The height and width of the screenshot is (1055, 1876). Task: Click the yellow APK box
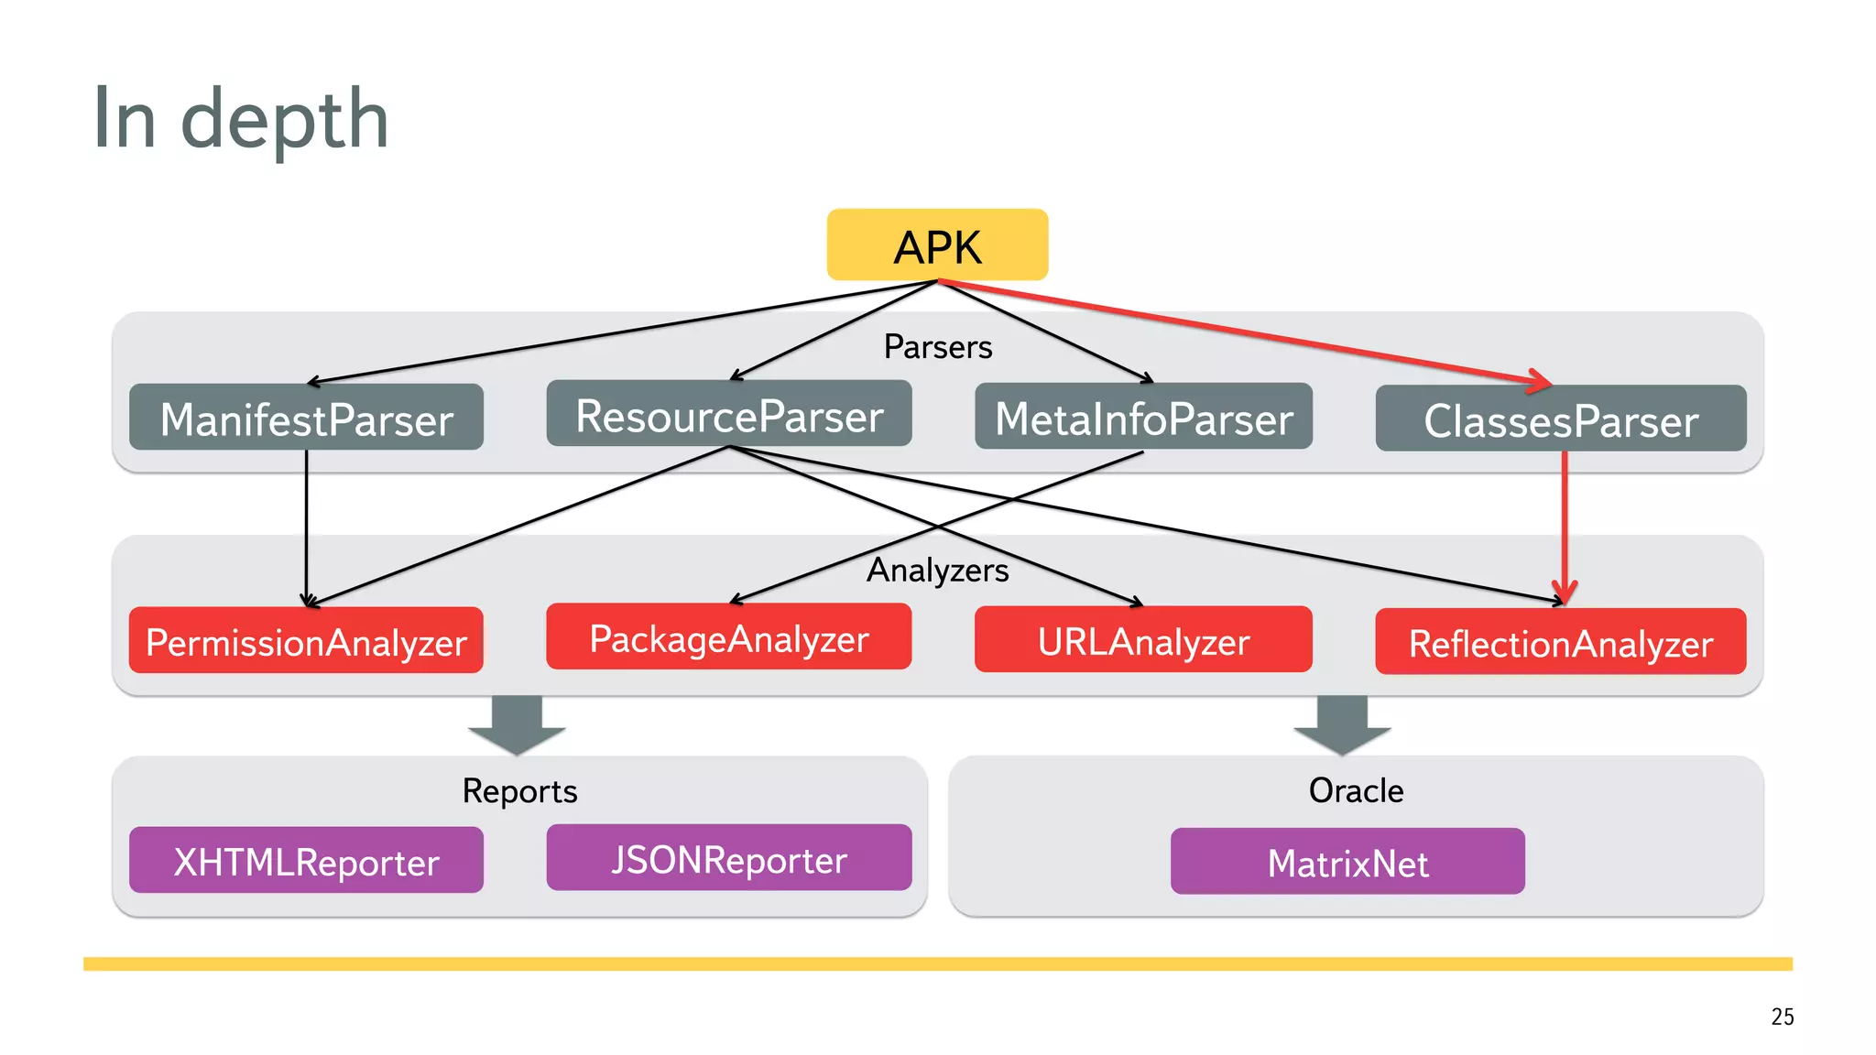click(x=937, y=245)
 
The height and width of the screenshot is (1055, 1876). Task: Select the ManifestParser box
click(x=306, y=418)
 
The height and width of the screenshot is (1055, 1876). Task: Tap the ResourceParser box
click(x=729, y=414)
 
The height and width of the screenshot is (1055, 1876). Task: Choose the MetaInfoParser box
click(x=1143, y=417)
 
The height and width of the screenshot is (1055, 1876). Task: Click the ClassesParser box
click(x=1560, y=419)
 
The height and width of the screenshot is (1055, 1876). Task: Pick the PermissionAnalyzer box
click(x=306, y=641)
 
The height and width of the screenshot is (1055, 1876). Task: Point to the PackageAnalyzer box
click(x=729, y=637)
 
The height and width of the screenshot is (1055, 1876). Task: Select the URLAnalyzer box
click(x=1143, y=640)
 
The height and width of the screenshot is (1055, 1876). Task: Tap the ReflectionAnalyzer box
click(x=1560, y=642)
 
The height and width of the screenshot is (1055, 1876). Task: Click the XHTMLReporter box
click(x=306, y=861)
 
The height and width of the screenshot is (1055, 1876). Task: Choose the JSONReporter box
click(x=729, y=858)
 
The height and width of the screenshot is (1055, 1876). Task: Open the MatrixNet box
click(x=1347, y=862)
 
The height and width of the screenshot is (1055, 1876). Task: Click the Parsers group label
click(x=937, y=347)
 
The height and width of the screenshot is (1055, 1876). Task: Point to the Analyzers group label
click(x=937, y=570)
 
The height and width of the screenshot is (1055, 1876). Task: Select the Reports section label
click(x=519, y=790)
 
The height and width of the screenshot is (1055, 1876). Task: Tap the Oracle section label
click(x=1356, y=790)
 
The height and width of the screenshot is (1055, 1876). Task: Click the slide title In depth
click(x=241, y=119)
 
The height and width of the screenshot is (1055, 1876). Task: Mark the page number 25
click(x=1782, y=1017)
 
